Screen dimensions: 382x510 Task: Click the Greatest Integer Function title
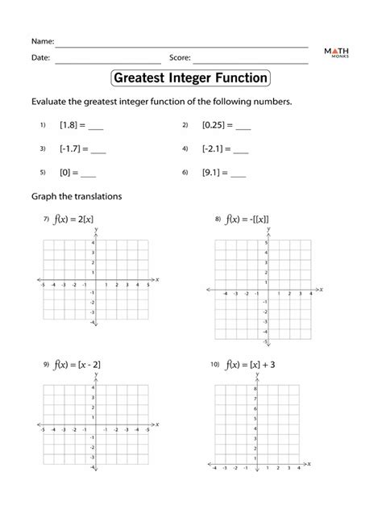coord(190,78)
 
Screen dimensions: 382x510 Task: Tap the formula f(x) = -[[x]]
coord(247,219)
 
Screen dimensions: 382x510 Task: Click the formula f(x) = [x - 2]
coord(77,365)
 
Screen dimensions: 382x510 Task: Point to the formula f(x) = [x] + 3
coord(251,365)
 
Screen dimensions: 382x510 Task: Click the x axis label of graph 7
coord(157,279)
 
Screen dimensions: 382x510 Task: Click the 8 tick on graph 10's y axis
coord(254,390)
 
